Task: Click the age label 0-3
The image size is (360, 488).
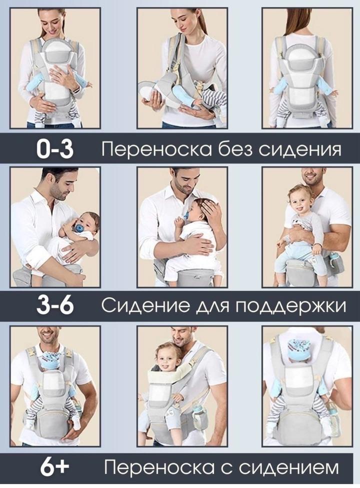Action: [55, 149]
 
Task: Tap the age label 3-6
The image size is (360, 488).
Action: [55, 306]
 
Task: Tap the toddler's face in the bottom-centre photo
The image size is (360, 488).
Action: [167, 358]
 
